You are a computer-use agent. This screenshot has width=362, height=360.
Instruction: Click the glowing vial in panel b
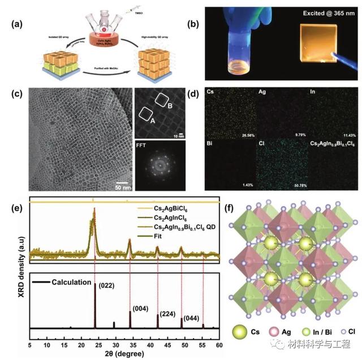click(x=238, y=54)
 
